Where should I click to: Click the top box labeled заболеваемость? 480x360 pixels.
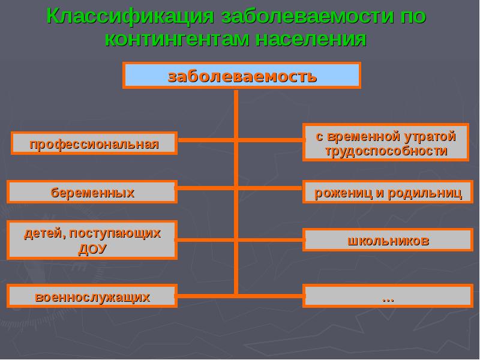(x=242, y=76)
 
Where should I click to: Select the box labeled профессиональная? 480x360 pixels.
(x=94, y=144)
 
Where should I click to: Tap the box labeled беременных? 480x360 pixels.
(x=92, y=193)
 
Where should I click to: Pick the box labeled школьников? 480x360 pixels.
(x=388, y=241)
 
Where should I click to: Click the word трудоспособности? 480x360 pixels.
(x=386, y=151)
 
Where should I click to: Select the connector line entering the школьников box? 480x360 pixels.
(x=270, y=240)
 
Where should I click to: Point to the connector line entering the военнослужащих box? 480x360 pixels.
(x=207, y=295)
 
